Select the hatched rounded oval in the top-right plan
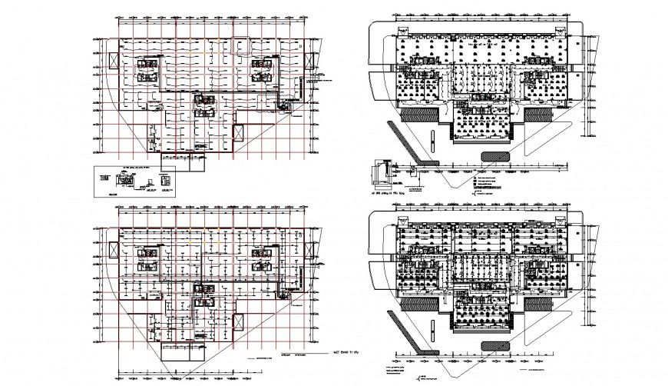pyautogui.click(x=496, y=155)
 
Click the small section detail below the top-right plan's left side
pyautogui.click(x=380, y=171)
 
